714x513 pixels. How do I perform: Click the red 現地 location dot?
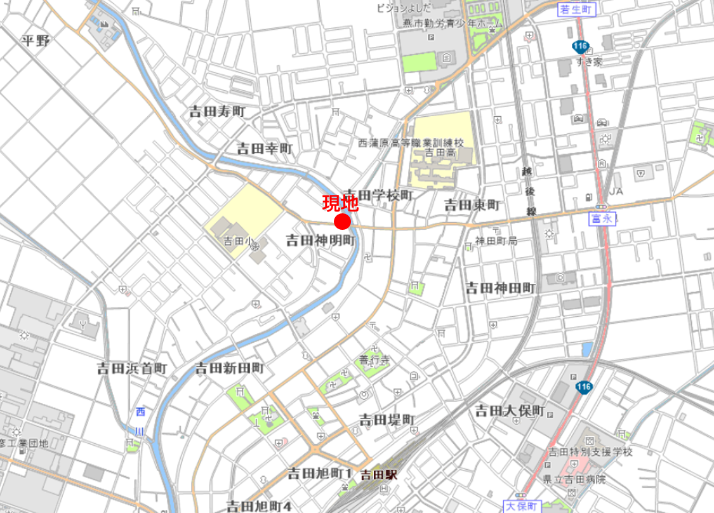pos(343,222)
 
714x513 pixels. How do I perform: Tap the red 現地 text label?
pos(341,203)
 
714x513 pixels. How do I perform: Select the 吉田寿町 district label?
pos(217,112)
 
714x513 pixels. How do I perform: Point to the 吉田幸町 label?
pos(265,149)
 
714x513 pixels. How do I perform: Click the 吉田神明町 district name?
pos(319,240)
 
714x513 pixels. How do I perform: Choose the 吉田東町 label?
pos(472,204)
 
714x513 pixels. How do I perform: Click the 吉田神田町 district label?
pos(501,288)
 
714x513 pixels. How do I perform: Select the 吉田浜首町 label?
pos(132,368)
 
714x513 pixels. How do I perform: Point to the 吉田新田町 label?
pos(228,368)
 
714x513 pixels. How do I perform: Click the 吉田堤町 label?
pos(387,420)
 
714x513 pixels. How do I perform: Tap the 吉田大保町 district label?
pos(510,411)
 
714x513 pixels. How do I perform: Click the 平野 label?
pos(35,41)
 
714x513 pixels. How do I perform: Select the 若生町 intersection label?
pos(576,10)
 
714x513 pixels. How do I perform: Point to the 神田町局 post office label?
pos(497,242)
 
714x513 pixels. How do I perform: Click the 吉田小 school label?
pos(238,242)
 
